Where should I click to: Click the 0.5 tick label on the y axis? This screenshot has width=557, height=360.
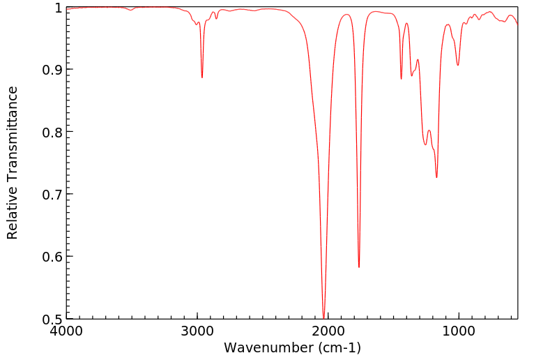tap(52, 319)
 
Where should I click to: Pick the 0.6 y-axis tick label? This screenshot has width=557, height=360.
tap(52, 257)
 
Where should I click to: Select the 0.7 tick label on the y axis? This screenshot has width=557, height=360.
tap(52, 194)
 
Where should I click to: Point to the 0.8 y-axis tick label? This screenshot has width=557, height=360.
tap(52, 132)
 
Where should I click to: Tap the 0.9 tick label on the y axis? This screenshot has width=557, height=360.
tap(52, 70)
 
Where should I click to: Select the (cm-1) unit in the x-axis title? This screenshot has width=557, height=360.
tap(335, 347)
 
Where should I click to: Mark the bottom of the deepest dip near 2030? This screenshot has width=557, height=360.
tap(323, 317)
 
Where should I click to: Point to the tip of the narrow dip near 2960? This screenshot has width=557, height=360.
tap(202, 77)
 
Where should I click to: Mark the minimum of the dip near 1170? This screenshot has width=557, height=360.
tap(436, 177)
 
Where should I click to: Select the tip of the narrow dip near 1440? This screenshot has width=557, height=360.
tap(402, 79)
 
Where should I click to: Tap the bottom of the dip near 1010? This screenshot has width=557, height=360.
tap(457, 66)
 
